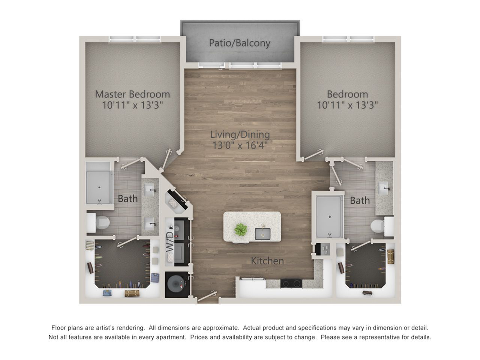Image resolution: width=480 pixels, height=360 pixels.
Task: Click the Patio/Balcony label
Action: [x=240, y=43]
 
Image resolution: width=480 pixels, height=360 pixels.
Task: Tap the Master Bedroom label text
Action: [x=132, y=94]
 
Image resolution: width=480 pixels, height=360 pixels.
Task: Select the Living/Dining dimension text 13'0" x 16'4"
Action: [x=240, y=145]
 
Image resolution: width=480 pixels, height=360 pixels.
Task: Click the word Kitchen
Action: [x=267, y=261]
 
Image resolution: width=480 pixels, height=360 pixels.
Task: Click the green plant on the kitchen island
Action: [x=241, y=229]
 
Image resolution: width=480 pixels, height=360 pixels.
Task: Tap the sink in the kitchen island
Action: [x=262, y=234]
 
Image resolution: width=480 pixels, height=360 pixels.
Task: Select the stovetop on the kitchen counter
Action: [x=291, y=283]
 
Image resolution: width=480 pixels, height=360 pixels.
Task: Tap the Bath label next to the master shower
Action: [x=128, y=198]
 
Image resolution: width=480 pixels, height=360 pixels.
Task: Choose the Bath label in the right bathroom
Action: [x=360, y=200]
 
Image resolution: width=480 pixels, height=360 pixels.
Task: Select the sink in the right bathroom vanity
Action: [x=384, y=188]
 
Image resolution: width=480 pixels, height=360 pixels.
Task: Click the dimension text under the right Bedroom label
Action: [x=348, y=105]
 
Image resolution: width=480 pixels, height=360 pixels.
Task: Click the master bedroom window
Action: [x=135, y=39]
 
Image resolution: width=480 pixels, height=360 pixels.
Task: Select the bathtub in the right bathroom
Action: [x=329, y=216]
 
